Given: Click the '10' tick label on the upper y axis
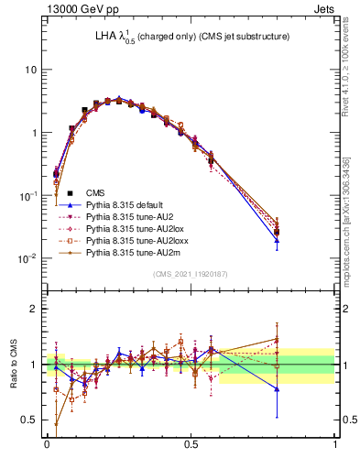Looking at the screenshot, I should tap(30, 71).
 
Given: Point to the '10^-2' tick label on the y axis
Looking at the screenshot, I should tap(27, 258).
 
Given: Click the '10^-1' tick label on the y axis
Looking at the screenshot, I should tap(27, 196).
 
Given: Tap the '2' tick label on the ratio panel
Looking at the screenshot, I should tap(34, 309).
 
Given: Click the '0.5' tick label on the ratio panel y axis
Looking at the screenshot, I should tap(29, 420).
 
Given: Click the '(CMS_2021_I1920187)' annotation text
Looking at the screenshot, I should tap(190, 273).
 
